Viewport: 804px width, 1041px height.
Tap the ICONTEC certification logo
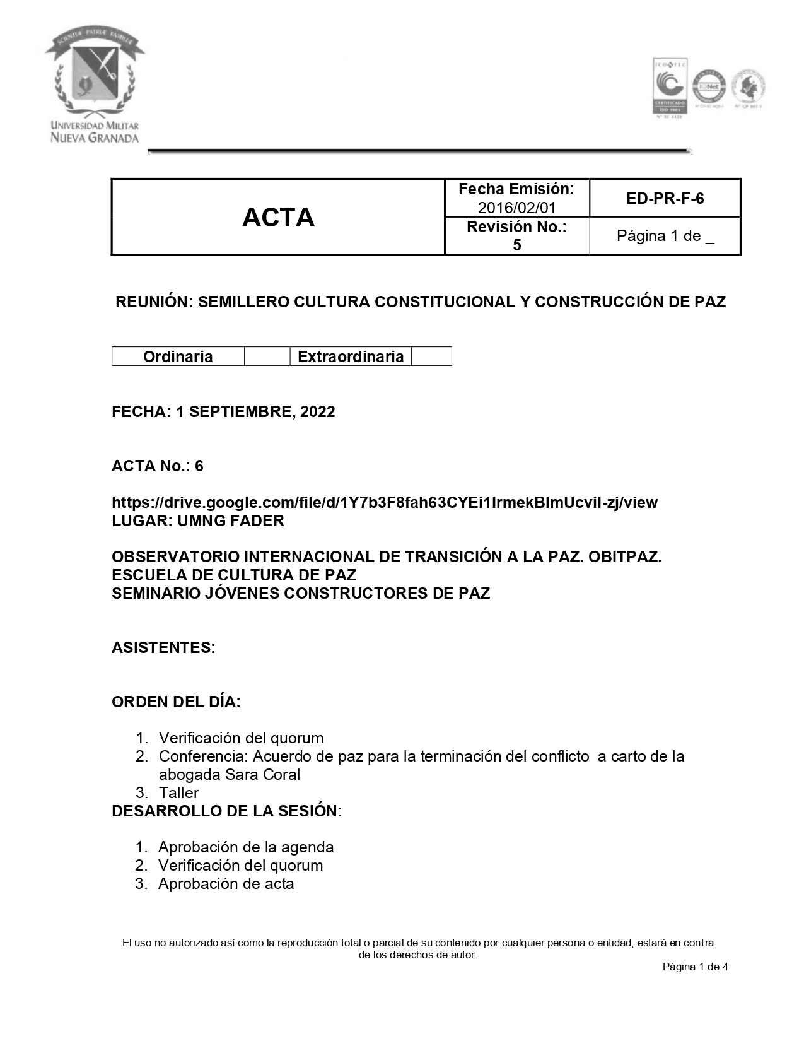[669, 86]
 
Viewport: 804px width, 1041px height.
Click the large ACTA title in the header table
[278, 218]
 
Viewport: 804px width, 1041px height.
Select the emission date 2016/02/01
[516, 208]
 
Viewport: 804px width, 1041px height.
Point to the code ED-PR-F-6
[665, 199]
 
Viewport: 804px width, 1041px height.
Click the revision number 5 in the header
[517, 245]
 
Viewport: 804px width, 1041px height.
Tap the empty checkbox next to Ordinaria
[267, 356]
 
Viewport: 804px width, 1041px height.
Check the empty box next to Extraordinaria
[431, 356]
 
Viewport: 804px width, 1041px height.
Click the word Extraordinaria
[351, 356]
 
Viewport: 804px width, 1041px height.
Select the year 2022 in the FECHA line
[318, 412]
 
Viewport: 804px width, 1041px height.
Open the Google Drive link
[384, 503]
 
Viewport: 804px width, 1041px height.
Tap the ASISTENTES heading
[163, 648]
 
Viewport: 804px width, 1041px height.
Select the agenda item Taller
[178, 793]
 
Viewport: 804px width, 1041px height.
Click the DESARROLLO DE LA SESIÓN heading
[226, 811]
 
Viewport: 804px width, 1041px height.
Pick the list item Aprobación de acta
[226, 884]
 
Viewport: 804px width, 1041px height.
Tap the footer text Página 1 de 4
[695, 967]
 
